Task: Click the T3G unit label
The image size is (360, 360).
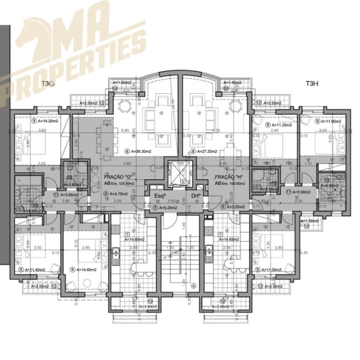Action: coord(48,84)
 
